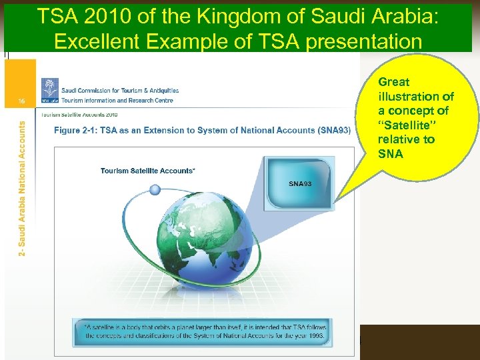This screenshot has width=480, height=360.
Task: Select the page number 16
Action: point(22,100)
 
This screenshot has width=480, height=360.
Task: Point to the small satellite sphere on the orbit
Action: point(155,189)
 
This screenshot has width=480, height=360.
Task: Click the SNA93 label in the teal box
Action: point(300,183)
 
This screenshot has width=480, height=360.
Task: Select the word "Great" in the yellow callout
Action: point(394,82)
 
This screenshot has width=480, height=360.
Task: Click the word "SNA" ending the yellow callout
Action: point(390,153)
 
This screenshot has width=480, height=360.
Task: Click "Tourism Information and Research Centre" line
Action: point(117,101)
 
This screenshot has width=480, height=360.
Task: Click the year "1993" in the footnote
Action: point(311,335)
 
